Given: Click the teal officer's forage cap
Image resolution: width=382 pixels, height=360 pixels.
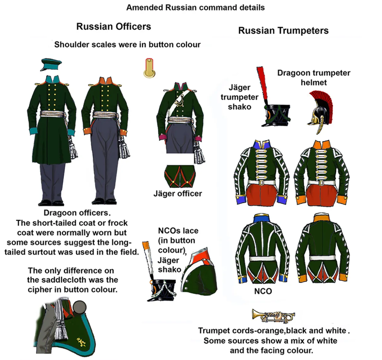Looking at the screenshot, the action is (x=51, y=64).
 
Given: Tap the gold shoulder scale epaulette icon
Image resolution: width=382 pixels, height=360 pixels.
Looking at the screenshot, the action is (x=149, y=68).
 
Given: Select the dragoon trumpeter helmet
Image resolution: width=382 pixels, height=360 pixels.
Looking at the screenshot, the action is (x=320, y=111).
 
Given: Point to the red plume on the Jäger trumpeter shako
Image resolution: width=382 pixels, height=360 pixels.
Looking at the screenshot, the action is (x=262, y=83).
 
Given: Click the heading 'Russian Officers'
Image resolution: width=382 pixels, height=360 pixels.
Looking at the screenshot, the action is (x=114, y=26).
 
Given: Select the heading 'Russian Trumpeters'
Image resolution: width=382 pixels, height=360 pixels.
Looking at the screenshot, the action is (x=283, y=30).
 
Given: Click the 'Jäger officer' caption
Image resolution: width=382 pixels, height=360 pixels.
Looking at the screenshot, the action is (x=177, y=194).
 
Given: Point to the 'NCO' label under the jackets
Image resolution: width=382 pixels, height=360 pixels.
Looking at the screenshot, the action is (x=263, y=291).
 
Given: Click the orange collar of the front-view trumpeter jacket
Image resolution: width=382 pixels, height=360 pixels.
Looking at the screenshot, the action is (x=322, y=145).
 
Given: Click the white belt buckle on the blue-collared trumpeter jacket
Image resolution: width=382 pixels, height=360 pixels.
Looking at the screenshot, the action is (x=262, y=182).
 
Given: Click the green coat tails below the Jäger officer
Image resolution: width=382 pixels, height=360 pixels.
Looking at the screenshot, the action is (x=180, y=176).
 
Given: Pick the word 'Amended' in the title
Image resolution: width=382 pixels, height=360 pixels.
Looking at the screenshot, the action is (x=145, y=8).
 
